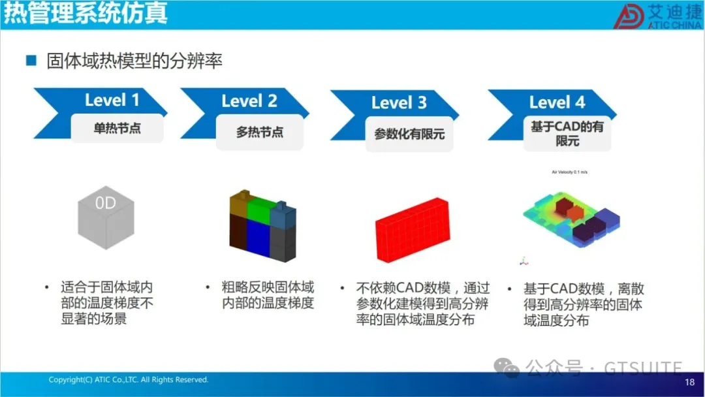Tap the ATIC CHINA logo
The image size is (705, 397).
point(655,15)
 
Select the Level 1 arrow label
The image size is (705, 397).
point(112,100)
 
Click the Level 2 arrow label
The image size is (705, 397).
point(249,101)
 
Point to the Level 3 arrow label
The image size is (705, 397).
point(398,103)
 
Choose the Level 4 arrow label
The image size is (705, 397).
point(556,103)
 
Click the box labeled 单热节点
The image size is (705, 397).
point(117,128)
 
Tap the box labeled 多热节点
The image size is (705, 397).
point(259,132)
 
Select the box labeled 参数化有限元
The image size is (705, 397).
point(409,134)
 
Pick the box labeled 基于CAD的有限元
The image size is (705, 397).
point(567,133)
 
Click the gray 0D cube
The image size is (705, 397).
point(105,215)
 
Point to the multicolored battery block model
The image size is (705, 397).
point(262,225)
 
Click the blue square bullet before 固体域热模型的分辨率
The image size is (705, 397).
point(31,61)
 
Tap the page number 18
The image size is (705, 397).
point(689,382)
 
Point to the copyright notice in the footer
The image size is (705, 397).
point(128,379)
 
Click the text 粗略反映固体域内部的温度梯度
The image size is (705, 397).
point(268,295)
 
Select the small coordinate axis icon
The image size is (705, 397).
point(522,261)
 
